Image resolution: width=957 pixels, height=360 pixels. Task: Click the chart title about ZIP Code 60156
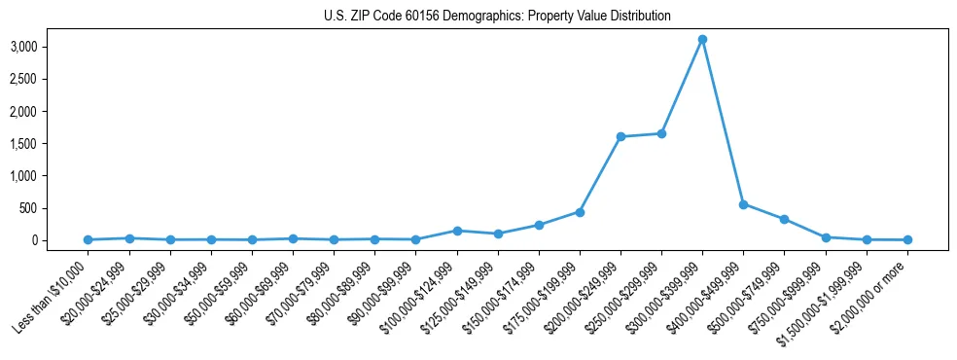point(497,17)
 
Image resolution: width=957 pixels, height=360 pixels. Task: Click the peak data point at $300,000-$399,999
point(702,40)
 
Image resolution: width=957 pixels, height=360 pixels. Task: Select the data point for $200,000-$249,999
point(620,137)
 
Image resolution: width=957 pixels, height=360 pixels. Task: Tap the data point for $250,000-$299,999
point(661,133)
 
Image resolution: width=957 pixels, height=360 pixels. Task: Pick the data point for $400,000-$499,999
point(743,204)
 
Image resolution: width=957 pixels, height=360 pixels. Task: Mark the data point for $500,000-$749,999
point(784,220)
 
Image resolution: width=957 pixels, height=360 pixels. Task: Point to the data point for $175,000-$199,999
point(580,212)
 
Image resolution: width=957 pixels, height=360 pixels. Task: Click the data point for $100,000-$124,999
point(457,231)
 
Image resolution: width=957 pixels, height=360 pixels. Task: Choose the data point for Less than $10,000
point(88,239)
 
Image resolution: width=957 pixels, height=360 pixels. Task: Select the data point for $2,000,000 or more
point(907,239)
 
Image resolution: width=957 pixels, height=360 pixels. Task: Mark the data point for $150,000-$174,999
point(539,225)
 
